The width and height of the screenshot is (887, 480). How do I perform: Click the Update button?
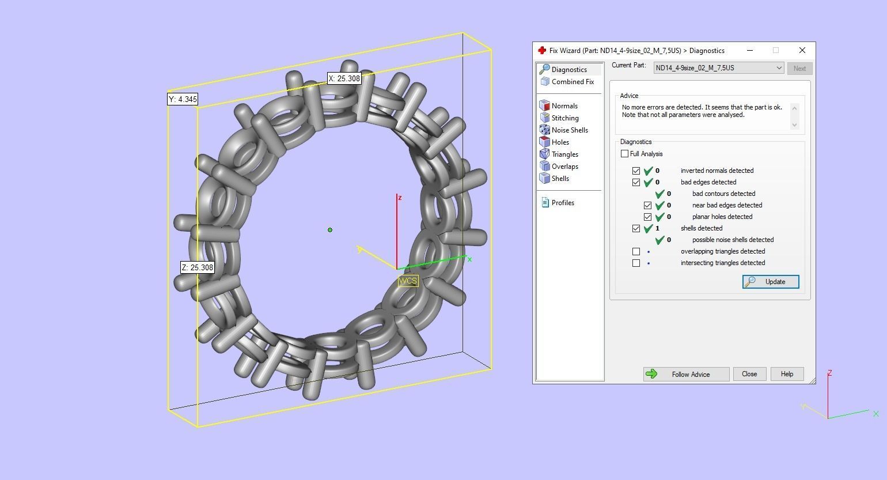(x=770, y=282)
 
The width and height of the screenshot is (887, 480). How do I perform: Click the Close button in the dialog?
(x=749, y=374)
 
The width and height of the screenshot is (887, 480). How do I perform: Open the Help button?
(x=786, y=374)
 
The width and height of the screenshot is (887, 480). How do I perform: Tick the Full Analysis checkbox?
(x=625, y=154)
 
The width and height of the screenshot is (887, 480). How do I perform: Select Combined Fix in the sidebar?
(x=572, y=82)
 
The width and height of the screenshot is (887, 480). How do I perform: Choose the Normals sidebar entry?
(x=564, y=106)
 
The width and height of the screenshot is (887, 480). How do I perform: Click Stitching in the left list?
(x=564, y=118)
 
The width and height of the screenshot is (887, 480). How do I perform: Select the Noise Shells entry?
(x=569, y=130)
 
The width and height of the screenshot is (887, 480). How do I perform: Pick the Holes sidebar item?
(x=560, y=142)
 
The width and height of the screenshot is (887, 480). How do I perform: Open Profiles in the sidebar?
(x=562, y=203)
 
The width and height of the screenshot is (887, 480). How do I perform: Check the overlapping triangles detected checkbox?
(x=636, y=251)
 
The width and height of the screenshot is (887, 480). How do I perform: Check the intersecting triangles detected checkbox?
(x=636, y=263)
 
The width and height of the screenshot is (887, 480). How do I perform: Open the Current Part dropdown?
(x=719, y=68)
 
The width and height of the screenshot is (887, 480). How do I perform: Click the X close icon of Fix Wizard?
(x=802, y=50)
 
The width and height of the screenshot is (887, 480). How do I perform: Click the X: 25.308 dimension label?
(x=344, y=78)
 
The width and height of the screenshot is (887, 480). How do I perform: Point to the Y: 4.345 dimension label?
(x=183, y=99)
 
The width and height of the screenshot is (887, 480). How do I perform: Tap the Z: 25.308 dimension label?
(x=198, y=267)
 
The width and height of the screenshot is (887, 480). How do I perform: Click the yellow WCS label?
(x=407, y=281)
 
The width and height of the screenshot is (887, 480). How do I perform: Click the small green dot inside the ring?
(x=330, y=230)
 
